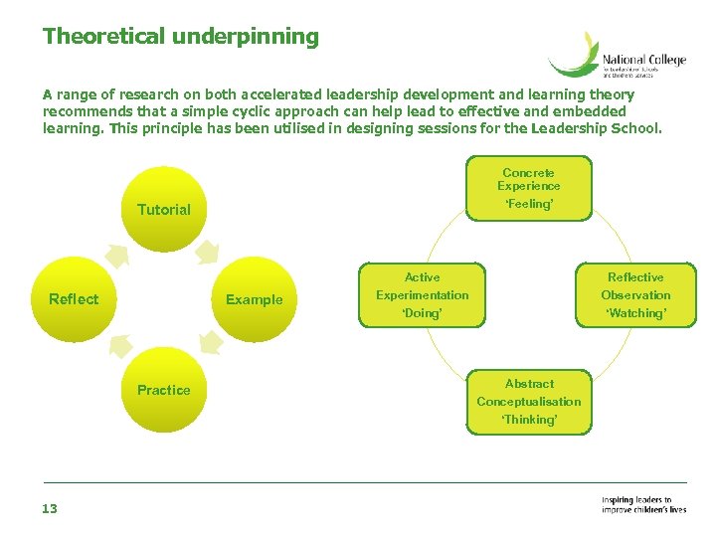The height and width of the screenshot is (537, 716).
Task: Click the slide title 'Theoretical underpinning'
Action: tap(181, 37)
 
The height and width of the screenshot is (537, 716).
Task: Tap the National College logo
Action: tap(617, 55)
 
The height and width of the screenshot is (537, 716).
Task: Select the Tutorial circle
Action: tap(164, 209)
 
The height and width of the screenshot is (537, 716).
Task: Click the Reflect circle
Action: tap(75, 298)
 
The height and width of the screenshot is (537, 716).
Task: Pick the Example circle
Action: tap(254, 298)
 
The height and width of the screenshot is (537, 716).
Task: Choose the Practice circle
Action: tap(164, 390)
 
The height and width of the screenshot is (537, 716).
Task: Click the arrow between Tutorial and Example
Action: tap(208, 251)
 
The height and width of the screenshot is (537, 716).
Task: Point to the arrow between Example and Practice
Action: tap(210, 343)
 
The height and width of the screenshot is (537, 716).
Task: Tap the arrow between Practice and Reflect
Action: tap(119, 345)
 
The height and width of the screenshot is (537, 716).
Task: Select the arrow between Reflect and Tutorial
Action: tap(117, 255)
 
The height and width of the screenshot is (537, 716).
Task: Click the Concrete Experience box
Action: tap(529, 187)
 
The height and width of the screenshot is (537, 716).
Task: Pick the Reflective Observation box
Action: tap(635, 294)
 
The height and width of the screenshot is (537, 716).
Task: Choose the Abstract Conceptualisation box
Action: tap(529, 401)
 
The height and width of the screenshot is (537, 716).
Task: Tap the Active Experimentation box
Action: tap(423, 294)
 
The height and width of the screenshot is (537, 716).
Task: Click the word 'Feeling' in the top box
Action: tap(529, 204)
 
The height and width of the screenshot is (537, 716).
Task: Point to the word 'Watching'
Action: tap(635, 313)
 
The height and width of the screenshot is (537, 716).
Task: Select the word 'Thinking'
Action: tap(529, 420)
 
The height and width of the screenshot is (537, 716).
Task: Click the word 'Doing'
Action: tap(423, 313)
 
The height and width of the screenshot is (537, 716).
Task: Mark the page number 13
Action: tap(50, 509)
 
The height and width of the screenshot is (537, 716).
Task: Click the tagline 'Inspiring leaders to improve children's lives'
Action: tap(643, 505)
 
